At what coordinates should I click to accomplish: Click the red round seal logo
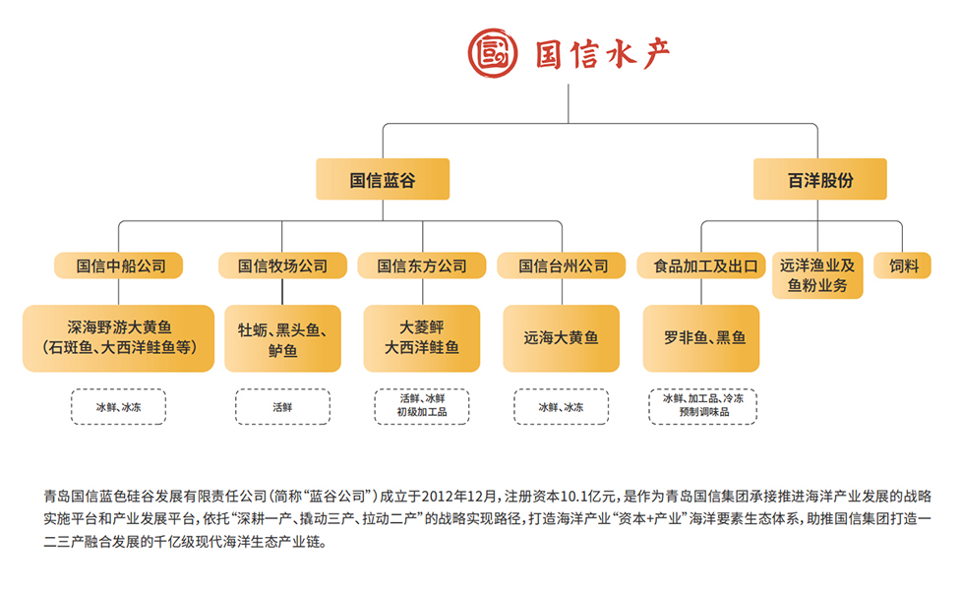click(492, 53)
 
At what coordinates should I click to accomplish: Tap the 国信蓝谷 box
click(383, 179)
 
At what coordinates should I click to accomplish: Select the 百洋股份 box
click(820, 179)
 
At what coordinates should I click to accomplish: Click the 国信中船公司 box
click(119, 265)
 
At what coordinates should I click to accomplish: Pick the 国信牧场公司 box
click(282, 265)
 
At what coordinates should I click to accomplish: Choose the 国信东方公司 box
click(422, 265)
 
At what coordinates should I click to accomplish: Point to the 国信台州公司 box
click(562, 265)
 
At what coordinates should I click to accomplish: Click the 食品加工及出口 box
click(701, 265)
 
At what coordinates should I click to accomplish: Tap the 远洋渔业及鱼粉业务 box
click(817, 275)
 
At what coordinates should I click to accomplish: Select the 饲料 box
click(902, 265)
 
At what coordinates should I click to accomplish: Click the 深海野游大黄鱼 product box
click(118, 338)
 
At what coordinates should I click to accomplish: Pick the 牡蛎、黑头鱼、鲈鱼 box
click(282, 338)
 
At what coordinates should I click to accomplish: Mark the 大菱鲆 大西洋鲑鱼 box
click(422, 338)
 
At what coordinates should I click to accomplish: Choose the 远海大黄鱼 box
click(562, 338)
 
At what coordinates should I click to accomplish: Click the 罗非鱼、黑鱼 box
click(701, 338)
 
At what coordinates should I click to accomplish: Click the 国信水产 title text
click(602, 54)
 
